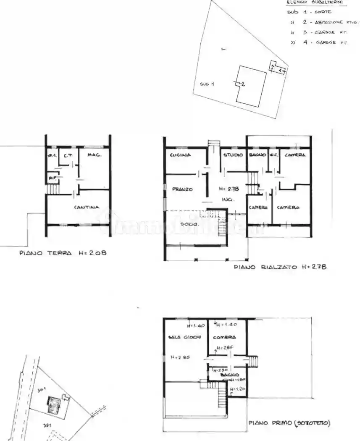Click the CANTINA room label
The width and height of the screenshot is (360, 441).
(87, 207)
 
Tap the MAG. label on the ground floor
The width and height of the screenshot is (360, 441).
(95, 155)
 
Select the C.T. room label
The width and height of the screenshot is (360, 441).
(68, 155)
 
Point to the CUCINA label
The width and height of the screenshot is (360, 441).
(181, 155)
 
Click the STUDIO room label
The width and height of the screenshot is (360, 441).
(233, 155)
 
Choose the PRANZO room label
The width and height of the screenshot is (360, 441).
(182, 189)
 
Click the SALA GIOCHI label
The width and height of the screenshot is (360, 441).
(185, 337)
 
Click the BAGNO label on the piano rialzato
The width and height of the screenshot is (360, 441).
(257, 155)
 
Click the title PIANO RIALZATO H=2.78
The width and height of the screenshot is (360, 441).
(280, 267)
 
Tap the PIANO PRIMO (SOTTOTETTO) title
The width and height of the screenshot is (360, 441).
(289, 423)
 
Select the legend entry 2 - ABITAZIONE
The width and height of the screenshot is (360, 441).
(323, 22)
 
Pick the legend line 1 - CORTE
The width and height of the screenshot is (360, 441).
(311, 12)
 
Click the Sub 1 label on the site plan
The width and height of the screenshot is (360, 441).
(207, 84)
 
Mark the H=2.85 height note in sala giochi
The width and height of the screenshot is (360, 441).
(180, 357)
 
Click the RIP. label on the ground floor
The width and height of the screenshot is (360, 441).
(53, 178)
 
